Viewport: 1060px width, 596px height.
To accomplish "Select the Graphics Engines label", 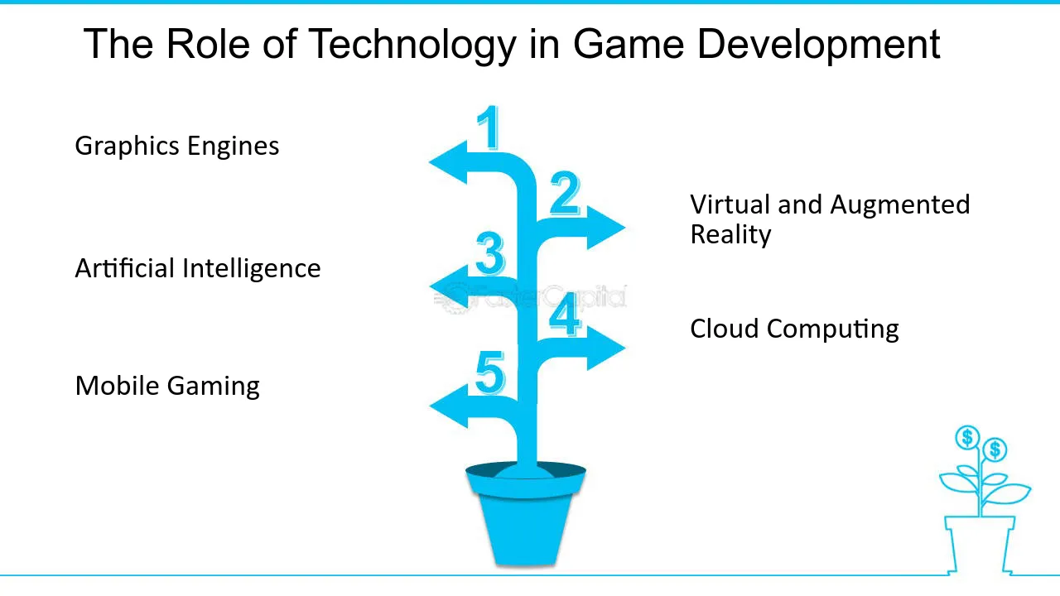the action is coord(177,147).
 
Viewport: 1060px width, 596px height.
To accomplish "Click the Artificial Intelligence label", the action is coord(198,268).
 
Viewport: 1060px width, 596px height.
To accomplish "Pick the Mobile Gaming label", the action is coord(167,386).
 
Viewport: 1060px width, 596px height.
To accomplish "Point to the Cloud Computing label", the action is coord(794,329).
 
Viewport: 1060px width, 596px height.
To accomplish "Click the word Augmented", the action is coord(899,205).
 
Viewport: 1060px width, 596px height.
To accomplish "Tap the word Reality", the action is coord(730,235).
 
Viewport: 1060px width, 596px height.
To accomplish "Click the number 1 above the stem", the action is coord(489,127).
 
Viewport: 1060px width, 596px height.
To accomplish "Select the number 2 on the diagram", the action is coord(565,194).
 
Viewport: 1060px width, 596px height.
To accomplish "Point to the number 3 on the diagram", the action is coord(489,253).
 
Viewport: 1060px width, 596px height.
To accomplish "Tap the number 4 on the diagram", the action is coord(565,314).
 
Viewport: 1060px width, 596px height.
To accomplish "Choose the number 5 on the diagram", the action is coord(489,372).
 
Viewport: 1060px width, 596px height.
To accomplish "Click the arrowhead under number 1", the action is coord(449,163).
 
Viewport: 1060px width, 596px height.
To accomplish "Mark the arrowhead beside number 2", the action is coord(605,228).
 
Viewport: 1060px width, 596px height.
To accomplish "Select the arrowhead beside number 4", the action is coord(605,348).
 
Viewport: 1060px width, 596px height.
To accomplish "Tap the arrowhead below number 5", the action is coord(449,406).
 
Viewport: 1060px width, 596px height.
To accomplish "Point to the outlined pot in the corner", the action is coord(980,545).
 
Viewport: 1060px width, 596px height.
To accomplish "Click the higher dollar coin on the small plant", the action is coord(966,437).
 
